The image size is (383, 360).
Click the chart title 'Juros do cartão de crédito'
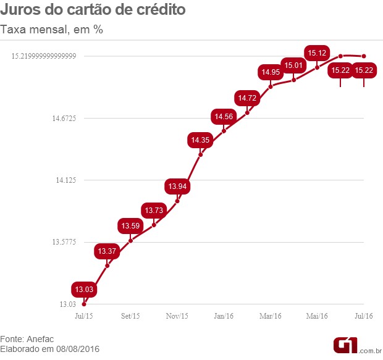coord(93,10)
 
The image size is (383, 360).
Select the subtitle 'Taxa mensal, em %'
coord(51,30)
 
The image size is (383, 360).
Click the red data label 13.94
coord(177,186)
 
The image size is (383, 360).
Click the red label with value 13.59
coord(131,225)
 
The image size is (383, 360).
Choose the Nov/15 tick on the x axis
coord(177,316)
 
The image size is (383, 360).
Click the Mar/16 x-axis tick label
coord(271,316)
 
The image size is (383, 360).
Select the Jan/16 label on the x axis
coord(224,316)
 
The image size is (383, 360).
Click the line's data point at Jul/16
coord(364,57)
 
